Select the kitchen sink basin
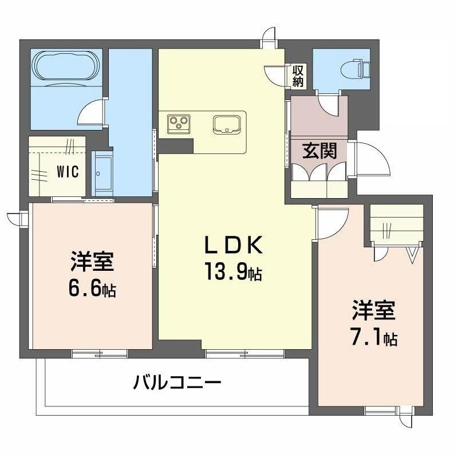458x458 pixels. click(x=227, y=124)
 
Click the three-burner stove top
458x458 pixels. click(x=179, y=124)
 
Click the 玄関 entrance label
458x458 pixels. click(x=319, y=151)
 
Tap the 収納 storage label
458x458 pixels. click(x=298, y=76)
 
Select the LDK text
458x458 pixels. click(x=233, y=245)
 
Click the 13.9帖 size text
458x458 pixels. click(x=233, y=272)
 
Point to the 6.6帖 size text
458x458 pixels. click(x=92, y=288)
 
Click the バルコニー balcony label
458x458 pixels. click(x=177, y=382)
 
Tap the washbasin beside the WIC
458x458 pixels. click(x=102, y=173)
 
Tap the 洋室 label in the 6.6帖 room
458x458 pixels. click(x=92, y=261)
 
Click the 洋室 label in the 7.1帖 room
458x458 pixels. click(x=374, y=310)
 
